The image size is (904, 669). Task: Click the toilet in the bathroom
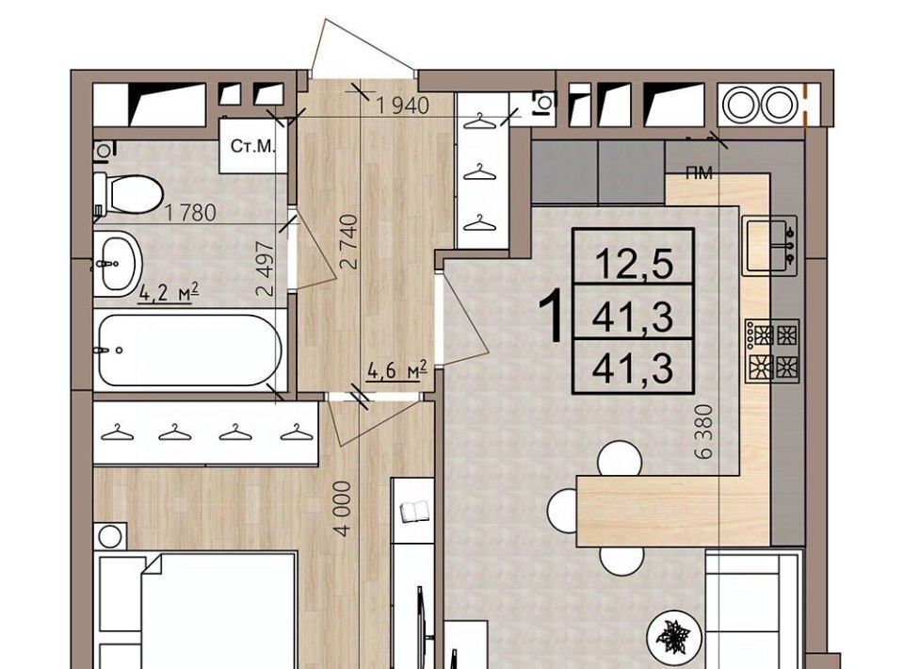click(x=128, y=194)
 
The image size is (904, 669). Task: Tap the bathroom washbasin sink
click(x=117, y=264)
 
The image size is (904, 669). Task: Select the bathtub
click(x=189, y=350)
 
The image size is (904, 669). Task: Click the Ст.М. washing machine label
click(x=253, y=146)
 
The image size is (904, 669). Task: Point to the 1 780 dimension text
click(x=190, y=213)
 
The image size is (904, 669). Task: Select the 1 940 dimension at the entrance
click(x=403, y=106)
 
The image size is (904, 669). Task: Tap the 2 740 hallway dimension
click(x=349, y=242)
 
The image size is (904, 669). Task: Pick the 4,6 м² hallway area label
click(x=397, y=369)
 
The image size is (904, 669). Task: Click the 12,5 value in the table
click(x=634, y=265)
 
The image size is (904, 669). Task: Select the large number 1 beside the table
click(x=552, y=316)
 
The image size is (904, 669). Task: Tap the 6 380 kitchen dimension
click(x=704, y=432)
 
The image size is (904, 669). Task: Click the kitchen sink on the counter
click(x=769, y=246)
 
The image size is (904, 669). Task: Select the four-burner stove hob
click(x=773, y=351)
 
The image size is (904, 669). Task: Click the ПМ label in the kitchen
click(x=699, y=172)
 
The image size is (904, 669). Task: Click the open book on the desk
click(x=414, y=512)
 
